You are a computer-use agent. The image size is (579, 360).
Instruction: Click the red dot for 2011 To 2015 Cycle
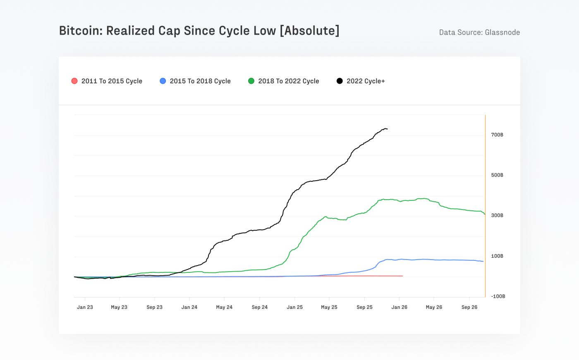74,81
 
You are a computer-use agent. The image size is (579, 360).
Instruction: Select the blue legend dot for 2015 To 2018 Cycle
163,81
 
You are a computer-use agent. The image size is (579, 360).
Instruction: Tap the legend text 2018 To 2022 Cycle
288,81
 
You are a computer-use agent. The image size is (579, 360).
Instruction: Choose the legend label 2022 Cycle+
365,81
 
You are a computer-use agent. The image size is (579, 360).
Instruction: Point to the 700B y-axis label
497,135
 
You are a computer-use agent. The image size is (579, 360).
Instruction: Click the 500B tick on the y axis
497,175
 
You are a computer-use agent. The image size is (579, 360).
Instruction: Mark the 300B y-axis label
497,215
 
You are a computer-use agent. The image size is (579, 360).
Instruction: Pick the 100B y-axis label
497,256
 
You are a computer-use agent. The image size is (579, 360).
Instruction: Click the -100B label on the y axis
498,296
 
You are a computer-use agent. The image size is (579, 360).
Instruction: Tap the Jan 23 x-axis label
85,307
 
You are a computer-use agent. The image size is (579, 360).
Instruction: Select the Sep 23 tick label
154,307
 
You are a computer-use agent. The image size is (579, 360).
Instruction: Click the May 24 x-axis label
224,307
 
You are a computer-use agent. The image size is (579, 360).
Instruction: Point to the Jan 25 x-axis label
294,307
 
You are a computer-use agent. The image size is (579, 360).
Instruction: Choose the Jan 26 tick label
399,307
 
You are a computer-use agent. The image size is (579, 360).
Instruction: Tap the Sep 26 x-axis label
469,307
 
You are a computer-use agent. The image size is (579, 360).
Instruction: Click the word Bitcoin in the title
81,31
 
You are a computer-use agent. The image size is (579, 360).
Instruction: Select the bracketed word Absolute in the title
310,31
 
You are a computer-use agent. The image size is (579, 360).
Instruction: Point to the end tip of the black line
387,129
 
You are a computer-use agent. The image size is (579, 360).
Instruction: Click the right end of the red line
402,276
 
